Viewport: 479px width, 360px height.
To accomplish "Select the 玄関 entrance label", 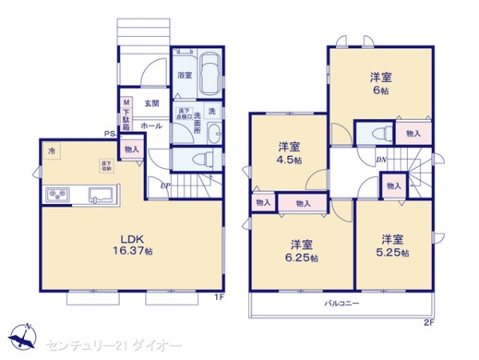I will pyautogui.click(x=151, y=103).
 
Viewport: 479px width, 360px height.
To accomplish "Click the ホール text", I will pyautogui.click(x=151, y=126).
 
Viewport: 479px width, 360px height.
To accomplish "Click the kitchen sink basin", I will pyautogui.click(x=100, y=194).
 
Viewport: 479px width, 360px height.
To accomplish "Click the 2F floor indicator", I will pyautogui.click(x=428, y=322).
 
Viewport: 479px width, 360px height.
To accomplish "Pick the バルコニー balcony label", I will pyautogui.click(x=341, y=303).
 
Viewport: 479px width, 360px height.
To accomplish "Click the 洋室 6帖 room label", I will pyautogui.click(x=380, y=84).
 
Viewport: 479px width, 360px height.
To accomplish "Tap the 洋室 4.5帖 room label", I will pyautogui.click(x=289, y=153).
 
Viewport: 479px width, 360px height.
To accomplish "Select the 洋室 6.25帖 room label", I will pyautogui.click(x=301, y=250).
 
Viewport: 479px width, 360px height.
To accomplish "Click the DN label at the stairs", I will pyautogui.click(x=382, y=160).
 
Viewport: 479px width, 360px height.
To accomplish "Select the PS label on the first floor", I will pyautogui.click(x=108, y=134).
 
